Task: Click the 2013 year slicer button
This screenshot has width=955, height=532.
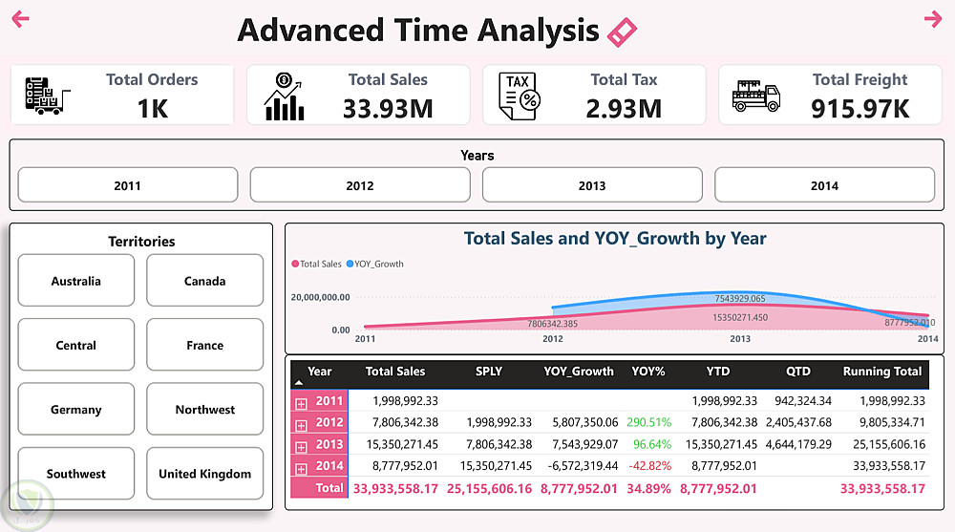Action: (x=592, y=185)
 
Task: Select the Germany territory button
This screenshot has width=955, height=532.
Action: (x=76, y=409)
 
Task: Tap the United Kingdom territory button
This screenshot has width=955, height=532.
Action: (x=205, y=473)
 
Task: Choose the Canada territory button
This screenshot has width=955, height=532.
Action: (x=205, y=281)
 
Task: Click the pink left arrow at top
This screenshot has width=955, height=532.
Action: (x=20, y=19)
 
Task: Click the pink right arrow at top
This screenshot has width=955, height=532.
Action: (x=933, y=19)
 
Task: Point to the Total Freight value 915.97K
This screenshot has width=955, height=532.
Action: (x=860, y=108)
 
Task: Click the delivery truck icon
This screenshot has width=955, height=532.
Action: (x=756, y=96)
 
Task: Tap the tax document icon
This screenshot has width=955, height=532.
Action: (x=519, y=96)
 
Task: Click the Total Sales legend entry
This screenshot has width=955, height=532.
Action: (x=317, y=264)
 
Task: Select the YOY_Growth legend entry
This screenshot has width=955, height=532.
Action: (x=375, y=264)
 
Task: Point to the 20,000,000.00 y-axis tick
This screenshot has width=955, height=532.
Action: (x=320, y=298)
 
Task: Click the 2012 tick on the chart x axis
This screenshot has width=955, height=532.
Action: (x=553, y=339)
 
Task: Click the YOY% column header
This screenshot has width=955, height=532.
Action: (x=648, y=372)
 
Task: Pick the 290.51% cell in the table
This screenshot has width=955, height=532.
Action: (x=649, y=422)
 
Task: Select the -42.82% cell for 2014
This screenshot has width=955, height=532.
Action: (x=649, y=466)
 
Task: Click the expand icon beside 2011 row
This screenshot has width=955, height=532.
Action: (x=302, y=402)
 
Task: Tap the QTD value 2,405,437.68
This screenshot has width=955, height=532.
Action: (x=798, y=422)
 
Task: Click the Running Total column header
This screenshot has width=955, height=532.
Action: (x=882, y=372)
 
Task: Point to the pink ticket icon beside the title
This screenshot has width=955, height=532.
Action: (x=622, y=32)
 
